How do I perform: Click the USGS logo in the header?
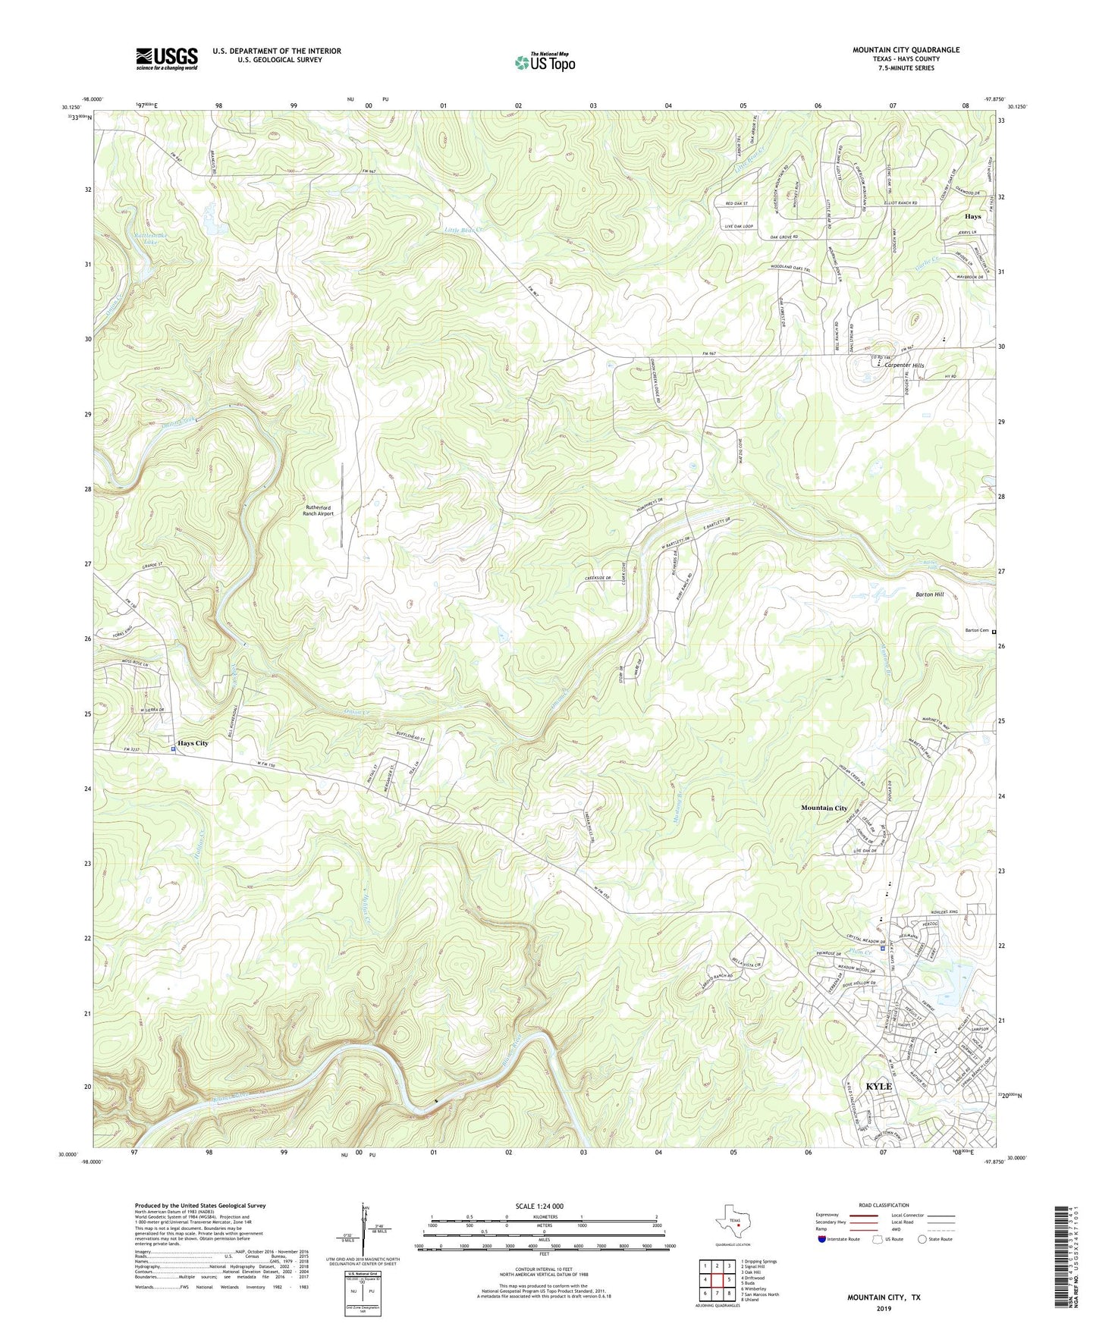[167, 58]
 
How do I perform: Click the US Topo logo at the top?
[544, 63]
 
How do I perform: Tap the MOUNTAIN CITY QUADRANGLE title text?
[906, 50]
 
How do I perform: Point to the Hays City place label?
[193, 743]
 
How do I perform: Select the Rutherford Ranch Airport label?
[319, 510]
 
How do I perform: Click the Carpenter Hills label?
[904, 366]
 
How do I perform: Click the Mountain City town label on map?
[824, 808]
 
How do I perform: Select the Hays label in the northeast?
[972, 216]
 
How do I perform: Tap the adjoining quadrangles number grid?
[717, 1281]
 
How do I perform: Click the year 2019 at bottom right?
[883, 1308]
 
